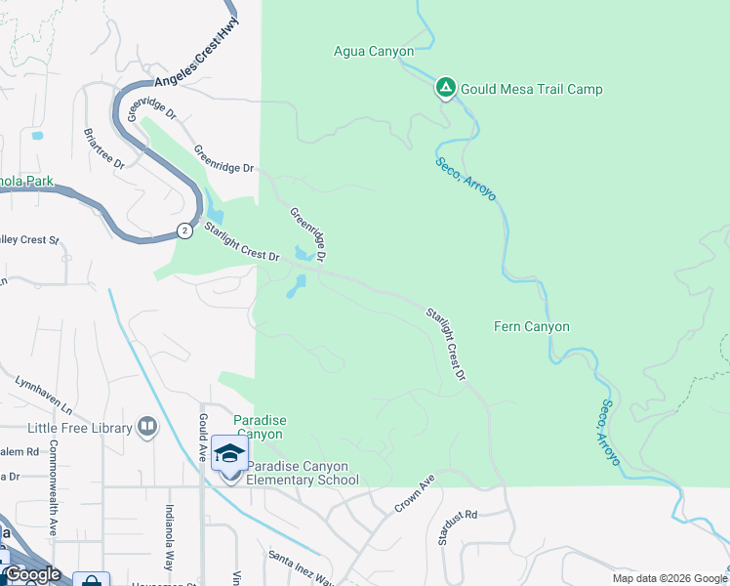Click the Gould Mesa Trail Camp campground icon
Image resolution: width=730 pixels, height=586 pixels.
[x=445, y=89]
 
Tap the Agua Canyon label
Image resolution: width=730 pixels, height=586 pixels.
[x=374, y=52]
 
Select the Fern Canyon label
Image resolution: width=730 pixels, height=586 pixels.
[x=532, y=327]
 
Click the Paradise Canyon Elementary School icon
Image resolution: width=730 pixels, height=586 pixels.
[x=230, y=456]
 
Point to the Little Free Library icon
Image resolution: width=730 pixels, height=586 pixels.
[x=147, y=426]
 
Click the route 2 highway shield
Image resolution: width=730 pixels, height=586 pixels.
[x=184, y=230]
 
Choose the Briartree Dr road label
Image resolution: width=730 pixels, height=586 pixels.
[x=103, y=147]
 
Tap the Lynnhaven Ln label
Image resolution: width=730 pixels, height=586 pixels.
[x=44, y=391]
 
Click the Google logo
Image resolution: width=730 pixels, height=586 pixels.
[x=31, y=574]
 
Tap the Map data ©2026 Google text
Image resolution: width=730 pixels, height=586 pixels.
[x=669, y=578]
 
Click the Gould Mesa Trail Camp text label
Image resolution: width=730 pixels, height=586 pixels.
[x=532, y=89]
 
